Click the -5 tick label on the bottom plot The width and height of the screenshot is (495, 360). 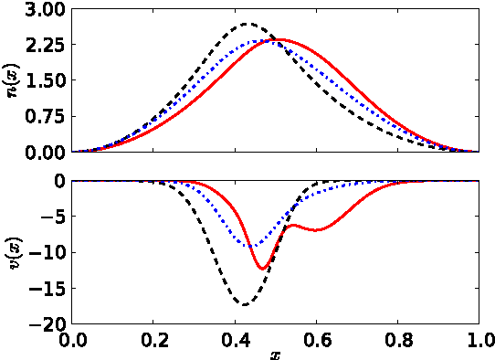coord(51,217)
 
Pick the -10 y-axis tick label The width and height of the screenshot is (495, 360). coord(47,252)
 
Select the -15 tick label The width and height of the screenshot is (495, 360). coord(47,288)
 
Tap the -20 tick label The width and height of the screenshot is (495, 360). coord(47,323)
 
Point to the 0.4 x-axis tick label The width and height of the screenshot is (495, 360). coord(235,342)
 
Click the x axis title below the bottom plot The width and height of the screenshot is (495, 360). coord(275,355)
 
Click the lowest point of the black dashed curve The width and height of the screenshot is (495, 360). coord(244,304)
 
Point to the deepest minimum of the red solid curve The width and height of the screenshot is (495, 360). coord(262,269)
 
